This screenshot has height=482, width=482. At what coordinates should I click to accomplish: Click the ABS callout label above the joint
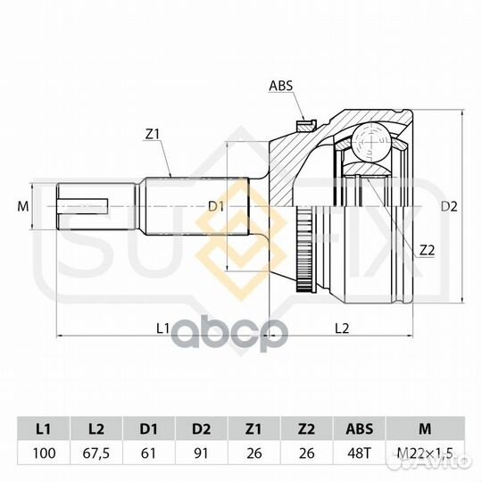pyautogui.click(x=280, y=86)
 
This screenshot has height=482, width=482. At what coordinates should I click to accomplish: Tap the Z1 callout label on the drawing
pyautogui.click(x=152, y=134)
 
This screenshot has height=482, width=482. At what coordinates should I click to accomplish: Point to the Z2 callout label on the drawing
pyautogui.click(x=428, y=251)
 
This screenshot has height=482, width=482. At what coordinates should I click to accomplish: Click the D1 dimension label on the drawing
pyautogui.click(x=216, y=207)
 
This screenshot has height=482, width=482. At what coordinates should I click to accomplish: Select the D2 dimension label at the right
pyautogui.click(x=449, y=206)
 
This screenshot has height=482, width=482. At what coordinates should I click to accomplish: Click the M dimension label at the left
pyautogui.click(x=23, y=206)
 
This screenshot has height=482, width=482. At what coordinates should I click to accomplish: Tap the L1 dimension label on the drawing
pyautogui.click(x=163, y=328)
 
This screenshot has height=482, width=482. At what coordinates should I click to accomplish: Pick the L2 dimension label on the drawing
pyautogui.click(x=342, y=328)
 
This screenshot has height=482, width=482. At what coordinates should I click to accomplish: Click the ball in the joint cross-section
pyautogui.click(x=372, y=142)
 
